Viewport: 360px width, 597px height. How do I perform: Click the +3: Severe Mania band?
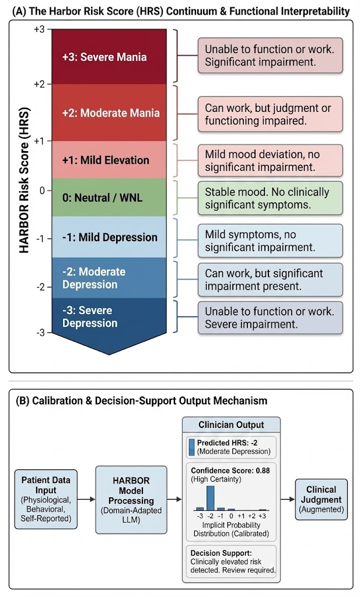(x=104, y=57)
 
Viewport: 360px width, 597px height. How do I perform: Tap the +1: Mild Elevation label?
(x=106, y=160)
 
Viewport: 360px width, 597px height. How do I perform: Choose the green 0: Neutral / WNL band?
(x=105, y=197)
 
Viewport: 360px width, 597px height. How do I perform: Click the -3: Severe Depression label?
(x=90, y=317)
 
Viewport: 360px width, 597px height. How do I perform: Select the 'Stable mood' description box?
(x=270, y=198)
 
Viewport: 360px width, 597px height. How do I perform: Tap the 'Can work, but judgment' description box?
(x=270, y=114)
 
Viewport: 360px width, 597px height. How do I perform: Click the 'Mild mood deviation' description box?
(x=270, y=160)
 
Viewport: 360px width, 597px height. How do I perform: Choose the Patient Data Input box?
(x=45, y=499)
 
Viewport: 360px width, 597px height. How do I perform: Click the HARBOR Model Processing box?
(x=131, y=499)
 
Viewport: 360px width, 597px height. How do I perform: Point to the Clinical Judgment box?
(x=320, y=498)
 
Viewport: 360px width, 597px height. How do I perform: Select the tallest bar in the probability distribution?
(x=211, y=498)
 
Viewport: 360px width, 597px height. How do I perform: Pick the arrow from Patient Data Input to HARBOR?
(x=85, y=499)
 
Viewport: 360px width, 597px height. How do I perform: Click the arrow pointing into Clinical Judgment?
(x=287, y=499)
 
